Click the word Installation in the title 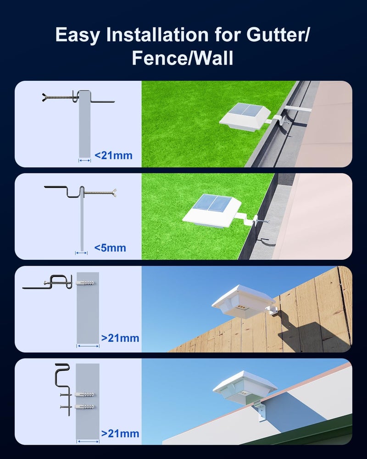pos(157,34)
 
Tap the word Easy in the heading pos(77,35)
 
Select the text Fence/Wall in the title pos(183,58)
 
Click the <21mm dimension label pos(114,155)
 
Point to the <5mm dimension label pos(110,248)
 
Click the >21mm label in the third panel pos(120,338)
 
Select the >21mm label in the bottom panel pos(120,434)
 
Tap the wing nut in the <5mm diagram pos(114,193)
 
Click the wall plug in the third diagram pos(85,283)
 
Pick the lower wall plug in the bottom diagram pos(84,407)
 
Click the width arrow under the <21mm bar pos(84,160)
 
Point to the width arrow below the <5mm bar pos(81,253)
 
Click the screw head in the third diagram pos(45,283)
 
